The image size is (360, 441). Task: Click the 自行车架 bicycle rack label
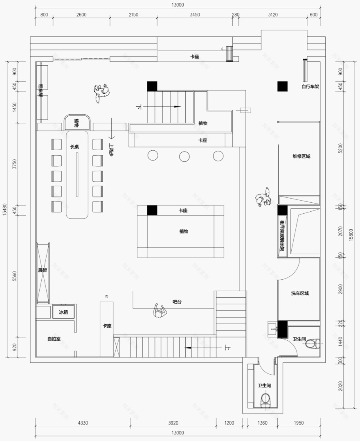(310, 86)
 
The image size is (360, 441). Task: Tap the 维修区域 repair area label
(301, 156)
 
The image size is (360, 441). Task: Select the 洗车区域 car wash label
(300, 293)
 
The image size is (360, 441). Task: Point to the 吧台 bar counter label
(177, 302)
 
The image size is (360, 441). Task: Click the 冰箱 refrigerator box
(63, 312)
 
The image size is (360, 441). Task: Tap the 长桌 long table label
(74, 147)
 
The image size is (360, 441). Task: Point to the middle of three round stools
(184, 156)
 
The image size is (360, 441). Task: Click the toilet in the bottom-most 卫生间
(265, 399)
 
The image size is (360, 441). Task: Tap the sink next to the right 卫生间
(273, 328)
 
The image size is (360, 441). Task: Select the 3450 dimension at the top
(195, 15)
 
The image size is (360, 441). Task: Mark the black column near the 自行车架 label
(282, 86)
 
